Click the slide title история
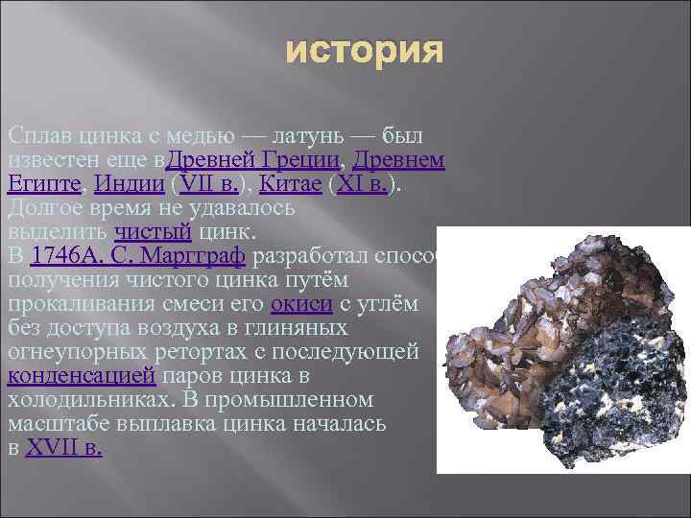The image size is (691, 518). (x=365, y=52)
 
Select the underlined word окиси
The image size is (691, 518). (x=301, y=304)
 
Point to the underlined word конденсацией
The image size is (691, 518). (x=80, y=376)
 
